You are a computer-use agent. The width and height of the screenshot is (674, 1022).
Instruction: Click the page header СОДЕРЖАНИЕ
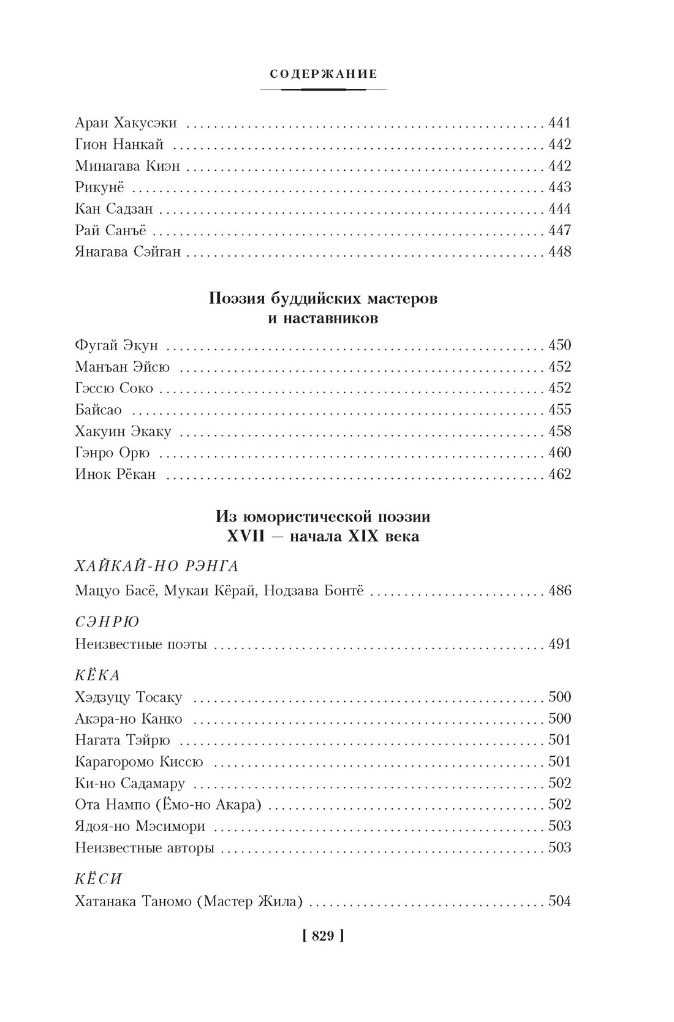point(324,75)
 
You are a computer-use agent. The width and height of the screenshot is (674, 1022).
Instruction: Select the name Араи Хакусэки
point(126,123)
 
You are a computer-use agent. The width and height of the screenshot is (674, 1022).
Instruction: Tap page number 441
point(559,123)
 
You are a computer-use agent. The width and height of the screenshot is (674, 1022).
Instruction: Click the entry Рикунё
point(100,187)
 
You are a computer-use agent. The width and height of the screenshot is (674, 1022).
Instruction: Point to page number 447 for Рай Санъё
point(559,230)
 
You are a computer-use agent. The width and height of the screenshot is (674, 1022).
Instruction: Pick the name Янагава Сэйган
point(128,252)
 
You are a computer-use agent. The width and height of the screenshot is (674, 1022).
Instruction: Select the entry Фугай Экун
point(116,345)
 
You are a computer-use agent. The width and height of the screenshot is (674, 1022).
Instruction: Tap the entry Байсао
point(99,410)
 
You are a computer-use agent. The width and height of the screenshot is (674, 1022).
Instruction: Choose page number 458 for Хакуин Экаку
point(559,431)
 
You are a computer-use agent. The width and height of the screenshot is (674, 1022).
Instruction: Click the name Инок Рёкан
point(115,474)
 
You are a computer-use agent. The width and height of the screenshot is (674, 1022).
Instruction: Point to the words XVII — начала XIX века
point(323,536)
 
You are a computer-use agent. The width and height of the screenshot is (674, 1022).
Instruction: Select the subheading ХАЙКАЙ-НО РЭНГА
point(156,566)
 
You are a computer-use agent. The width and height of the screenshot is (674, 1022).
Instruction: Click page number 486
point(559,591)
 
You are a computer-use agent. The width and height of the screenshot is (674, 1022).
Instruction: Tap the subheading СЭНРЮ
point(107,622)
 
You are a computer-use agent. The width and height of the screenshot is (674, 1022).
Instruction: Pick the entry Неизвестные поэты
point(141,644)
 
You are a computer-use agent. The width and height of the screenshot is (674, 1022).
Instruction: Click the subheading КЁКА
point(97,675)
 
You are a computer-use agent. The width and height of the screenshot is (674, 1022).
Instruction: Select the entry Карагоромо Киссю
point(139,762)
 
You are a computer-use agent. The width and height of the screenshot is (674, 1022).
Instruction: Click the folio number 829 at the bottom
point(323,936)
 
